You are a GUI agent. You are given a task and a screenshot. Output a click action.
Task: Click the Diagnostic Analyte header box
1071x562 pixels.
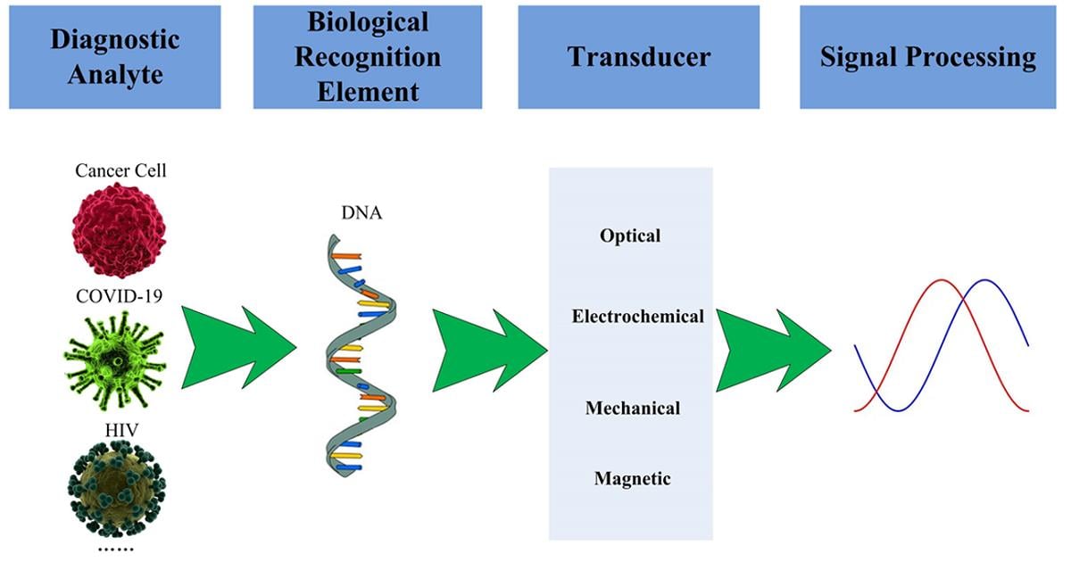tap(114, 57)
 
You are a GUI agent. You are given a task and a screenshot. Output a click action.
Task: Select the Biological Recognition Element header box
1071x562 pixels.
tap(368, 57)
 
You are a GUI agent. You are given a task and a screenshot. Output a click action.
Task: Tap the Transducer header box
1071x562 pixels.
tap(639, 57)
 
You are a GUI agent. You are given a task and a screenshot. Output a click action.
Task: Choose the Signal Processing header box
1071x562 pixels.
tap(928, 57)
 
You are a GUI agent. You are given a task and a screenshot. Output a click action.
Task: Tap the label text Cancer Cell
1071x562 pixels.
tap(120, 169)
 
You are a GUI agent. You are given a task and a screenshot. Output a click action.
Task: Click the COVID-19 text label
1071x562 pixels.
tap(120, 296)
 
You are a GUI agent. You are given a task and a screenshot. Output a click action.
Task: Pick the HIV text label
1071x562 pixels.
tap(118, 431)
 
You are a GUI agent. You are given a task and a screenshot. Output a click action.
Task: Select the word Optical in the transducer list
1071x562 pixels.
tap(630, 236)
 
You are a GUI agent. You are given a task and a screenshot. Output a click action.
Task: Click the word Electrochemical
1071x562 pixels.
tap(638, 317)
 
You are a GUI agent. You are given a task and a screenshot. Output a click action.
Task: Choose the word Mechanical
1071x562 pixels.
tap(633, 409)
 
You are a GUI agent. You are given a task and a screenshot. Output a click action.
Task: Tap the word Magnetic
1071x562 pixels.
tap(632, 479)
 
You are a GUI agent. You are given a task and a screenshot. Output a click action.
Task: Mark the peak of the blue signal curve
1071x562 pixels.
tap(985, 280)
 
